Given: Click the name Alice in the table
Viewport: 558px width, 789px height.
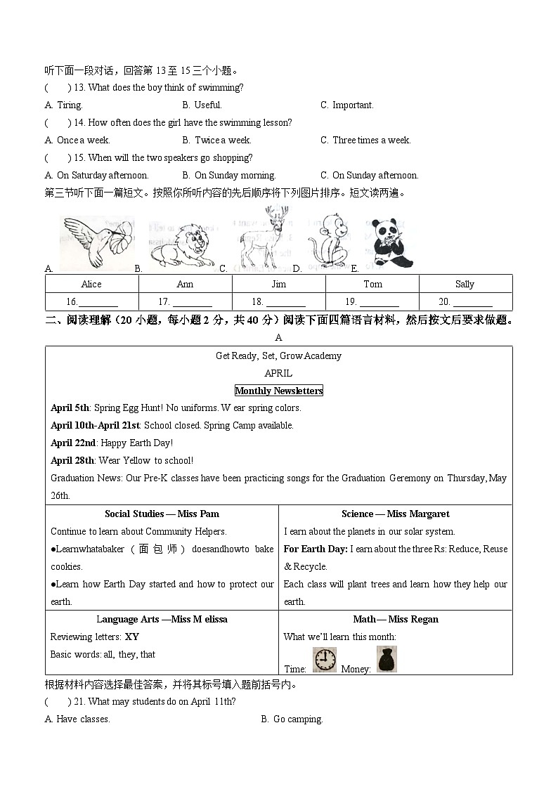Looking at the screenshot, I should coord(91,284).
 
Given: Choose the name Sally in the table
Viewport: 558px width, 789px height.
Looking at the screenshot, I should coord(465,284).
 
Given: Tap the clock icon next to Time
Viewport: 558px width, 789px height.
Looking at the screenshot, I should coord(324,660).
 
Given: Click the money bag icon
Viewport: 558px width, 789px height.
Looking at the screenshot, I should coord(387,659).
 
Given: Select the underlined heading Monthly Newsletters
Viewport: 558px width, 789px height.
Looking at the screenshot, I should coord(278,391).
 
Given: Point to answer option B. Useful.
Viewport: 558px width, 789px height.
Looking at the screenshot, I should coord(202,105).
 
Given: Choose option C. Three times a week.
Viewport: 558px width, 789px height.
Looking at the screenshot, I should coord(365,141).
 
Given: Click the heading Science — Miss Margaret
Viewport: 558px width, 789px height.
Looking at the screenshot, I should coord(395,514).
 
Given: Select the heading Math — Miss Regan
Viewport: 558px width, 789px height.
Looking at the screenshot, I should coord(395,619).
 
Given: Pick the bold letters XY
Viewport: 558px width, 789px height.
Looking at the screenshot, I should coord(131,637).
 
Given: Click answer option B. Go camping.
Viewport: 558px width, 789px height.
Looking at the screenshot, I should coord(292,719).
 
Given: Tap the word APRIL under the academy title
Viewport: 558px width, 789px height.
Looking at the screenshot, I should coord(278,373).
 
